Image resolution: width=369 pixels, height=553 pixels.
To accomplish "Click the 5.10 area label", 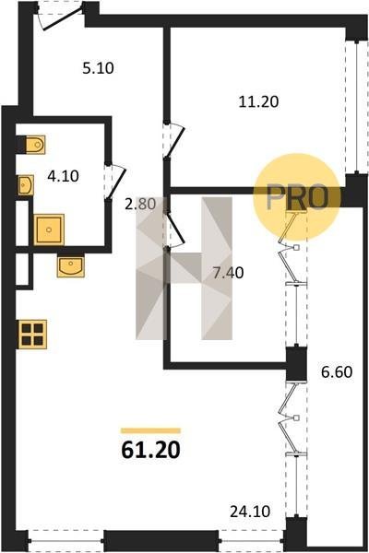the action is coord(98,67).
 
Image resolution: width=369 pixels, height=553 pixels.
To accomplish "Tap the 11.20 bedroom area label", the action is coord(258,101).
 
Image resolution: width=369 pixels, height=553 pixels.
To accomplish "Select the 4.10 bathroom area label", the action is coord(63,176).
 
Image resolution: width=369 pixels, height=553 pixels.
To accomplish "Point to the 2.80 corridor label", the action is coord(140,204).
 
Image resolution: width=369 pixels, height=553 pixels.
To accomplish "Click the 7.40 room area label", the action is coord(228,273).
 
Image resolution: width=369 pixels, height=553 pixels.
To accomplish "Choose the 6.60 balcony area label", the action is coord(337,371).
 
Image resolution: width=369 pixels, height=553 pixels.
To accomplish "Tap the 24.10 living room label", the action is coord(250,512).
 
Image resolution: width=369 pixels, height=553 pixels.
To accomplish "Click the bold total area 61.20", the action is coord(150,450).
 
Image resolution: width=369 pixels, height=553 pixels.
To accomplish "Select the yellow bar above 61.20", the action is coord(150,430).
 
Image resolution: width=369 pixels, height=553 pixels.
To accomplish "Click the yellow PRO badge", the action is coord(297,197).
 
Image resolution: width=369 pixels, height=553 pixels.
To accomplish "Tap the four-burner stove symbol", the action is coord(32,334).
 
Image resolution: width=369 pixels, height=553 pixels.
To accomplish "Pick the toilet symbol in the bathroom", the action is coord(35,145).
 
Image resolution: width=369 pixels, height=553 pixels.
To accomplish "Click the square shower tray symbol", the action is coord(49,229).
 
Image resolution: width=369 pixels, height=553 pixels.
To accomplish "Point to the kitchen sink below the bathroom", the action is coord(71,265).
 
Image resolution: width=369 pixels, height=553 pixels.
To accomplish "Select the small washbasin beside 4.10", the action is coord(26,185).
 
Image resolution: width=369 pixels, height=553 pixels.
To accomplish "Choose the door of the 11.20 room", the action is coord(174,140).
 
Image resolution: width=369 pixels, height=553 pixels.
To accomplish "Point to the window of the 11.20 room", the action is coord(357,108).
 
